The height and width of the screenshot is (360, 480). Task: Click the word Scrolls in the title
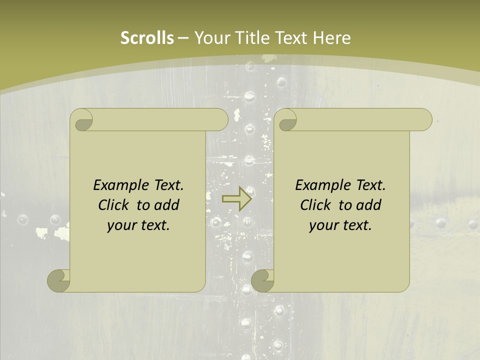[147, 38]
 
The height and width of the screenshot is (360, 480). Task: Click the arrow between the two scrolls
[236, 199]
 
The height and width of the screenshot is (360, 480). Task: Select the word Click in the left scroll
[113, 205]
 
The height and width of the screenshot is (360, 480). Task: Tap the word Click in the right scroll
[315, 205]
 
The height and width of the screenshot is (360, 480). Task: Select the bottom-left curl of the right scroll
[263, 280]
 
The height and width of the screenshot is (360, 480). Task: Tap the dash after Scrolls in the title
[183, 38]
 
